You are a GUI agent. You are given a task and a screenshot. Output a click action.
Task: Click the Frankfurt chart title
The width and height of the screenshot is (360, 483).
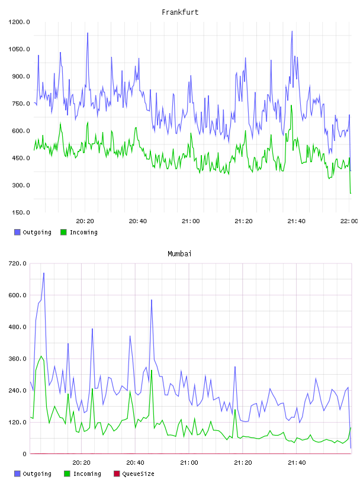(x=180, y=12)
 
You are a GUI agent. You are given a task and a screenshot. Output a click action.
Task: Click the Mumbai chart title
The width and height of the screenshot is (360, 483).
(x=179, y=254)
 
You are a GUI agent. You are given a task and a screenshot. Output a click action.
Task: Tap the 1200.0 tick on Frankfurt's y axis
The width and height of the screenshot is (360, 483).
(x=19, y=22)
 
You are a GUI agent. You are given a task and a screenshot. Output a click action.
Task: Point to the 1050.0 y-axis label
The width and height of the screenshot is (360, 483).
(x=19, y=49)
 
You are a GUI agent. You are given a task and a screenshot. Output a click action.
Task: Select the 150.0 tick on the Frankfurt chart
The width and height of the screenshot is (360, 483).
(x=21, y=212)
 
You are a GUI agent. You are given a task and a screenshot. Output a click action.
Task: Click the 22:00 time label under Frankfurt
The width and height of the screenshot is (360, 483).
(x=349, y=221)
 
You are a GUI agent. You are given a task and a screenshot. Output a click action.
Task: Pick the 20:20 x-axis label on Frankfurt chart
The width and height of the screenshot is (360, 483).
(x=85, y=221)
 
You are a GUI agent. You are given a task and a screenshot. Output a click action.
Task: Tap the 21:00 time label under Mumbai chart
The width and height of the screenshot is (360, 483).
(x=189, y=463)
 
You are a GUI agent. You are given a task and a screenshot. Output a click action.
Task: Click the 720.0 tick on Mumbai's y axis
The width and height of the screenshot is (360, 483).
(x=18, y=263)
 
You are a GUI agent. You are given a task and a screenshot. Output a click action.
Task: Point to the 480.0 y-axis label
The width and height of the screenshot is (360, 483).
(x=18, y=327)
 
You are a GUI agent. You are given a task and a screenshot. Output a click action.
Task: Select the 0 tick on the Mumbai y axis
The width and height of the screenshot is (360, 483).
(x=25, y=454)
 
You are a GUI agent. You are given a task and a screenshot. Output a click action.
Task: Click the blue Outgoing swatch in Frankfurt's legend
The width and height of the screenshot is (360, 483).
(x=17, y=232)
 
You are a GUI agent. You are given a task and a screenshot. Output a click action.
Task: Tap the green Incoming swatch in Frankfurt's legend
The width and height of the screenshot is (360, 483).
(x=63, y=232)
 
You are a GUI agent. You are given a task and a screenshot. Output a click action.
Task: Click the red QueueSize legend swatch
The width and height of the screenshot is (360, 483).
(x=117, y=474)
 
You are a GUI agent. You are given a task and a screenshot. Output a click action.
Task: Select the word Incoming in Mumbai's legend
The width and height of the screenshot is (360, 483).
(x=87, y=474)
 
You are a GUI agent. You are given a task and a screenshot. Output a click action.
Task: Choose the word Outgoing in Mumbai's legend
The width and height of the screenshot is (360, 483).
(x=37, y=474)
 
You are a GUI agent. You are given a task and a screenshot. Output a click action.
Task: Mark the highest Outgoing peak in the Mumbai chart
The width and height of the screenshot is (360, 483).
(x=44, y=273)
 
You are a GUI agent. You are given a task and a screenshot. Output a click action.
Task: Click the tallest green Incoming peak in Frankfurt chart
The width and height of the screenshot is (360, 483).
(x=291, y=105)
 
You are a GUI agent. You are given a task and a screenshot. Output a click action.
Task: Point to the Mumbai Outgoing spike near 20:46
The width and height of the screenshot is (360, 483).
(x=152, y=300)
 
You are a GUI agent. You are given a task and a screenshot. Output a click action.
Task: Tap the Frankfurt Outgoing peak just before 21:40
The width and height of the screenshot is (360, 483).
(x=292, y=31)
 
